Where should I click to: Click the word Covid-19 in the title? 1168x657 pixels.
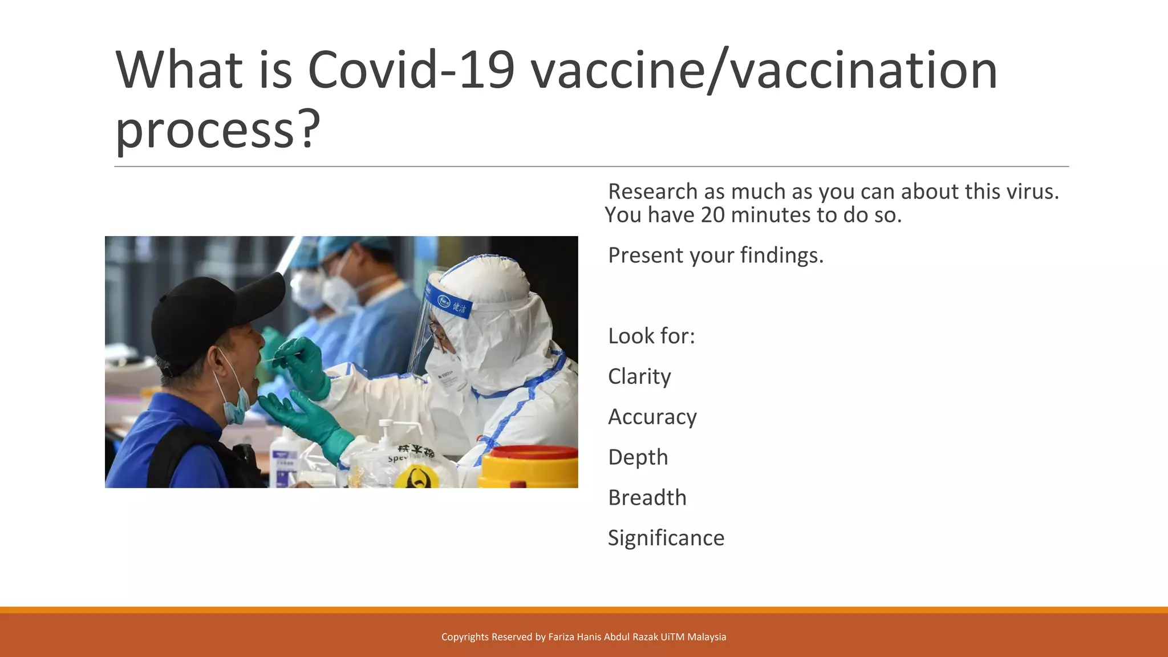(x=411, y=71)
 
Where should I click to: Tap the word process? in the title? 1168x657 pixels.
(x=217, y=130)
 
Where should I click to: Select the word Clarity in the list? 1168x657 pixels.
(x=639, y=376)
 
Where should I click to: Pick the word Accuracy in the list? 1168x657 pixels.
(x=652, y=417)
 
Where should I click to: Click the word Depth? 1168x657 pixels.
(x=638, y=457)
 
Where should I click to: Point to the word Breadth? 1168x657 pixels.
(x=647, y=498)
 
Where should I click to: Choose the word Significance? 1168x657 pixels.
(x=666, y=538)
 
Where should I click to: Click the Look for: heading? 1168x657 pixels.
(x=651, y=336)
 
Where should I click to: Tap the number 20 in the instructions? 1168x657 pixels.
(x=712, y=216)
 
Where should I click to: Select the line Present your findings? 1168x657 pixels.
(x=715, y=255)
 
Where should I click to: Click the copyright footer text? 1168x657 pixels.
(x=583, y=637)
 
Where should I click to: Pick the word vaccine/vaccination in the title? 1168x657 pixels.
(x=764, y=71)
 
